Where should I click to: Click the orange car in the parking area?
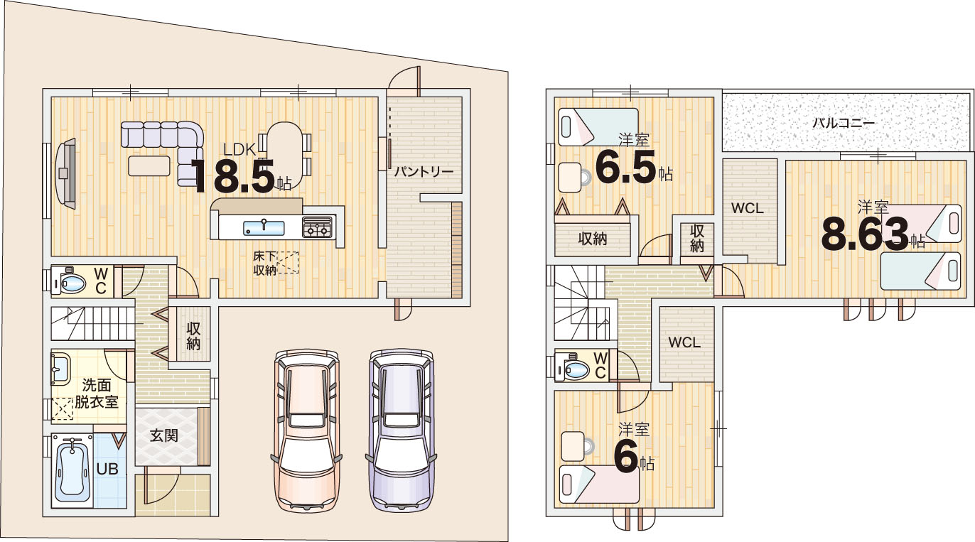point(306,430)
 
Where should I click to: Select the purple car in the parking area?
point(402,430)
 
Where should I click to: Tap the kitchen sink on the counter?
point(264,227)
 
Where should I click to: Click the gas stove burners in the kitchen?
point(318,227)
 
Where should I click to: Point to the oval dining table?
point(284,155)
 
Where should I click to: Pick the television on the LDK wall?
point(65,174)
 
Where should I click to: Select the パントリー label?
point(424,172)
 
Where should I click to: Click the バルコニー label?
point(844,123)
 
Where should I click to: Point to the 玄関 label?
point(164,435)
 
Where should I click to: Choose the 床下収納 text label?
point(265,263)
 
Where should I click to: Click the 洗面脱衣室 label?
point(97,394)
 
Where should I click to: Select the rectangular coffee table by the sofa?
point(149,166)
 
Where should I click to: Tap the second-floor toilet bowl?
point(574,370)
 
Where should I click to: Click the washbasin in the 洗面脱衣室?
point(61,369)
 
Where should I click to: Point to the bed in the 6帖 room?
point(599,484)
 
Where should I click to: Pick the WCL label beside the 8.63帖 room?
point(748,208)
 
